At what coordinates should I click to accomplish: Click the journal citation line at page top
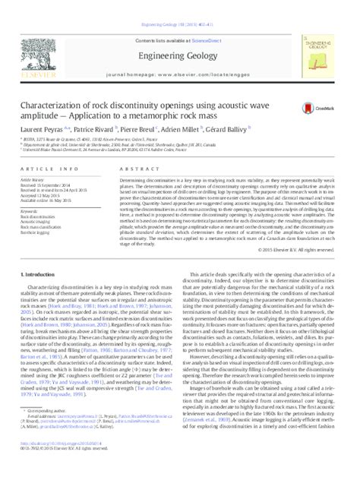(x=179, y=6)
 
